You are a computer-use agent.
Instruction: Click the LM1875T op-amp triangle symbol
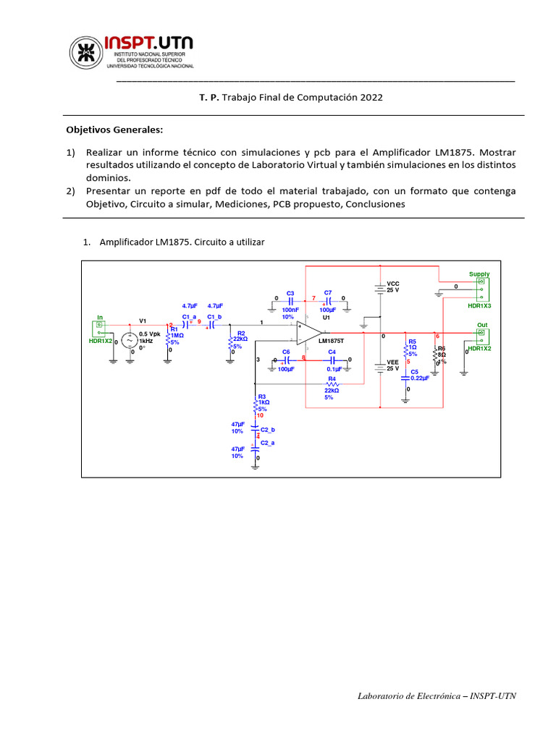click(x=310, y=334)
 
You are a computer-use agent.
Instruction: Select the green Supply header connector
click(x=480, y=289)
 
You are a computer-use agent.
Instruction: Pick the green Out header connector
click(x=480, y=336)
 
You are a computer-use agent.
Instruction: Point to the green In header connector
click(x=101, y=329)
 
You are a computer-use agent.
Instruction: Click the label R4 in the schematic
click(x=332, y=378)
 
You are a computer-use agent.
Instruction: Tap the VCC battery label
click(x=393, y=284)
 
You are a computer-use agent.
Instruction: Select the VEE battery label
click(x=393, y=362)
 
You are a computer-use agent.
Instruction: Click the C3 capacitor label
click(x=290, y=292)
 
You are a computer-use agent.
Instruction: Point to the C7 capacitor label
click(x=328, y=292)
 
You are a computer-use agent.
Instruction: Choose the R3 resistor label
click(x=262, y=396)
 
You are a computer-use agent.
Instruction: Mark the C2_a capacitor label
click(x=267, y=442)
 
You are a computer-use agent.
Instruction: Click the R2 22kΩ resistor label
click(x=240, y=333)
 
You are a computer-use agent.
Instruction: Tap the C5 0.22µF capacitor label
click(x=414, y=371)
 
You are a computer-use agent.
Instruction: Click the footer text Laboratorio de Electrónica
click(x=410, y=696)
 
